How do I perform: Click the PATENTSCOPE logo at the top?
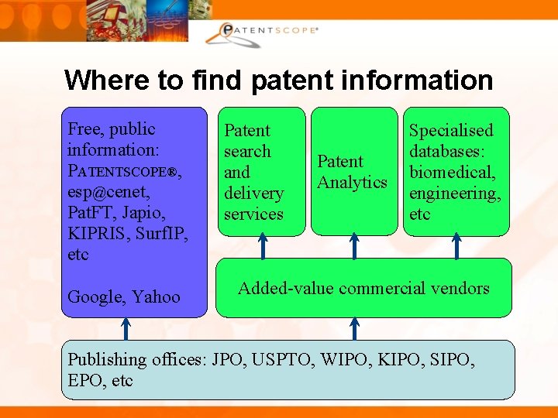pos(263,31)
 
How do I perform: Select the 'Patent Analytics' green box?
pos(353,172)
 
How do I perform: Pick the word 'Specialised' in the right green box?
pos(451,131)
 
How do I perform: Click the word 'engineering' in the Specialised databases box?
pos(453,193)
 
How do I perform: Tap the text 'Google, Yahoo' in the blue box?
pos(124,296)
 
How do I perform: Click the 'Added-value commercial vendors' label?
pos(363,289)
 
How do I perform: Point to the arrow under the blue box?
pos(126,328)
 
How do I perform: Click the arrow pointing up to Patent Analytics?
pos(354,246)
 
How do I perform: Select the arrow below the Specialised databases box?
pos(456,246)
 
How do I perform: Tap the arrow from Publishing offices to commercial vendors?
pos(354,328)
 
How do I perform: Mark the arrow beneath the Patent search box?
pos(263,246)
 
